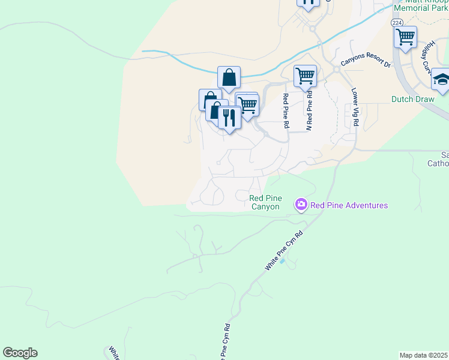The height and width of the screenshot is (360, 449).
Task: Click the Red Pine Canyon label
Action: click(265, 202)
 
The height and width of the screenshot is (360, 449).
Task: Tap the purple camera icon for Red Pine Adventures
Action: click(301, 205)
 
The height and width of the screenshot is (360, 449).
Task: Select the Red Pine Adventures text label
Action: click(349, 206)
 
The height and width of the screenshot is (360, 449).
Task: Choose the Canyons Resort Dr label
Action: click(366, 61)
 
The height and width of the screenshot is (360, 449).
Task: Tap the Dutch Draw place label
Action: click(412, 99)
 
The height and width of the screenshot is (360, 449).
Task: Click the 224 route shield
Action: click(397, 22)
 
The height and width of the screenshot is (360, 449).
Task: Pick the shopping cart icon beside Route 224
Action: click(406, 37)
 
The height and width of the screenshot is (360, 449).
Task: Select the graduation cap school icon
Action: click(441, 80)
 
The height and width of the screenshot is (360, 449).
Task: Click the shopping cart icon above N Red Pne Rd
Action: click(305, 76)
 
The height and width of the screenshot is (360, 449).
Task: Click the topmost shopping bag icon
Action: click(229, 77)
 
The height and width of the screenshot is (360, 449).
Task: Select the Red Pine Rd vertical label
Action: click(286, 111)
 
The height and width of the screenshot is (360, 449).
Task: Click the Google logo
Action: click(20, 353)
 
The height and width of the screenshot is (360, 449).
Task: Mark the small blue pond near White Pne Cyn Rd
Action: click(283, 262)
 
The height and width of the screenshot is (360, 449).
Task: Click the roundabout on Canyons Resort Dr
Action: click(336, 69)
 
